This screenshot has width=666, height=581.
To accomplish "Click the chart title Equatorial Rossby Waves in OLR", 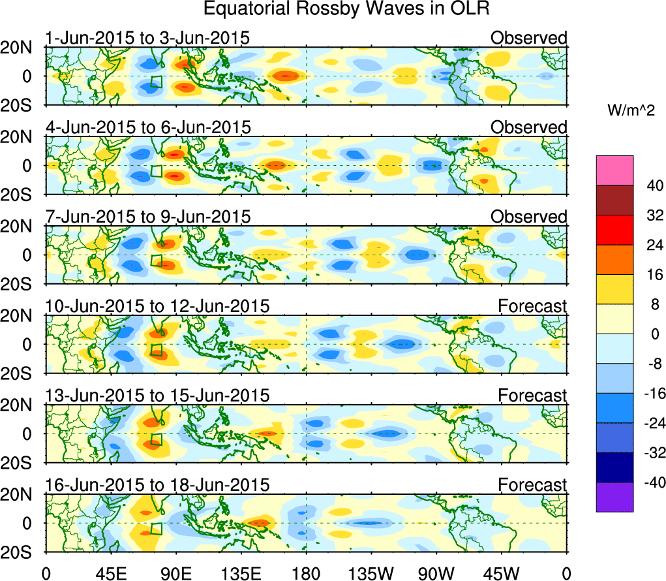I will point(346,9).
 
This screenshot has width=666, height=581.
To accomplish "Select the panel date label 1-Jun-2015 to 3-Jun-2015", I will point(147,38).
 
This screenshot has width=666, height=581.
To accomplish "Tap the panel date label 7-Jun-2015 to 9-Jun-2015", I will point(147,217).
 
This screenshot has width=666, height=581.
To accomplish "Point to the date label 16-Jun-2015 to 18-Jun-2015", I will point(157,485).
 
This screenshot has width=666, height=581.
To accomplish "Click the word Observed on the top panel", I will point(529,38).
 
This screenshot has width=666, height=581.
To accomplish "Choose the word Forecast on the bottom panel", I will point(533,485).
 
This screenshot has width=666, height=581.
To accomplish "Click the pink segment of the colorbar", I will point(614,170).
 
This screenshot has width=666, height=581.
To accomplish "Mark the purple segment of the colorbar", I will point(614,497).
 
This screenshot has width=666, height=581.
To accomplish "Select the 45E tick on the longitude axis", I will point(110,573).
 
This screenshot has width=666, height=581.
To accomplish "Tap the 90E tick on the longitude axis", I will point(175,573).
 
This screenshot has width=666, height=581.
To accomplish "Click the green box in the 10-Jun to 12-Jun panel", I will point(157,349).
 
